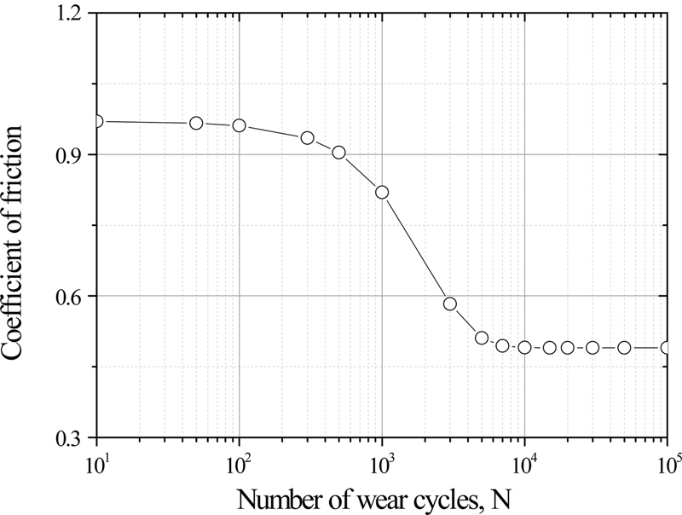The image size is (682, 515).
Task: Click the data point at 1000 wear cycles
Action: (382, 192)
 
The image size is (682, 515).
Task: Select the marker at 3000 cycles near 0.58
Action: (450, 304)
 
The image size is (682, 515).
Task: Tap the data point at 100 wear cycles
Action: (240, 125)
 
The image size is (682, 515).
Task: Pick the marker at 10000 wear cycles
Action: (524, 347)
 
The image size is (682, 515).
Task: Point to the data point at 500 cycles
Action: (339, 153)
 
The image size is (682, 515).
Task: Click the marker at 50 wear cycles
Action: (196, 123)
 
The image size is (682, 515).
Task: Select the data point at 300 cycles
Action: (308, 137)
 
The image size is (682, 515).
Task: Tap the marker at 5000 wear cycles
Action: (482, 339)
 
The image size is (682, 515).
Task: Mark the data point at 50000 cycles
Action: (624, 347)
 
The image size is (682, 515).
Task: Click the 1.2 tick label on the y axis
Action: (72, 14)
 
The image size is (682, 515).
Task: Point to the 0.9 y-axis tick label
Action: (72, 155)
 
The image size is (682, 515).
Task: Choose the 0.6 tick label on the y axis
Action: (72, 297)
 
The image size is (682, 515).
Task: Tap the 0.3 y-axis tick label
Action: (72, 438)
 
